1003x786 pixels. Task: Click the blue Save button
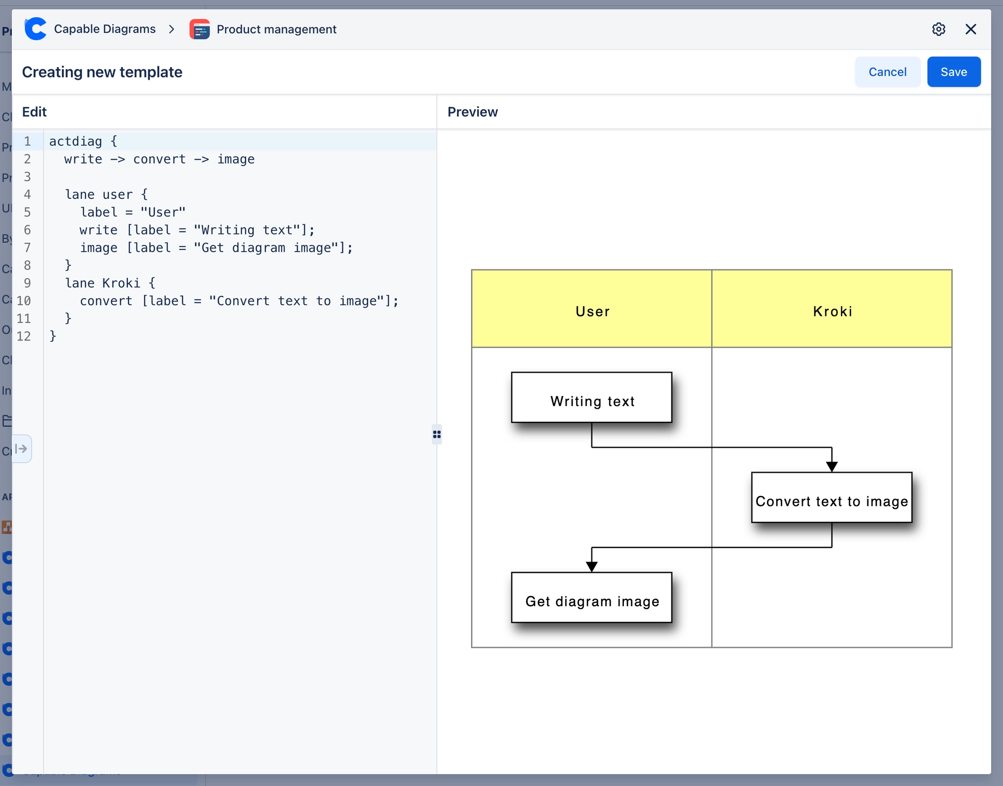click(953, 72)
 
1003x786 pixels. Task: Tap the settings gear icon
click(938, 29)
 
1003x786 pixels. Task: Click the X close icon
click(970, 29)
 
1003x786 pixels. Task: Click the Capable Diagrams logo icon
click(36, 29)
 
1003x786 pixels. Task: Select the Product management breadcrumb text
click(276, 29)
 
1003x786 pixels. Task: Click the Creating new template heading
click(102, 72)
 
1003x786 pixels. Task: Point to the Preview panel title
click(472, 112)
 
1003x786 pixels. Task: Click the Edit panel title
click(34, 112)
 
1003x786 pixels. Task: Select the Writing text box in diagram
click(591, 397)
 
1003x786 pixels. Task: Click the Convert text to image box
click(831, 498)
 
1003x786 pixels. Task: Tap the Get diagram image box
click(591, 597)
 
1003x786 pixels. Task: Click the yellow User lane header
click(591, 309)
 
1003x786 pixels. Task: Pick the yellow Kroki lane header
click(832, 309)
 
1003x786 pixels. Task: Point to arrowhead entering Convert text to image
click(832, 466)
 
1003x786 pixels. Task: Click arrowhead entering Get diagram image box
click(592, 567)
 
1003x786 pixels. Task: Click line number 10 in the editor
click(24, 301)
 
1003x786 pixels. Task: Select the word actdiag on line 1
click(75, 142)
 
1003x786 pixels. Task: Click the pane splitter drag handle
click(436, 434)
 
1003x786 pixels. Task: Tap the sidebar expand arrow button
click(22, 449)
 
